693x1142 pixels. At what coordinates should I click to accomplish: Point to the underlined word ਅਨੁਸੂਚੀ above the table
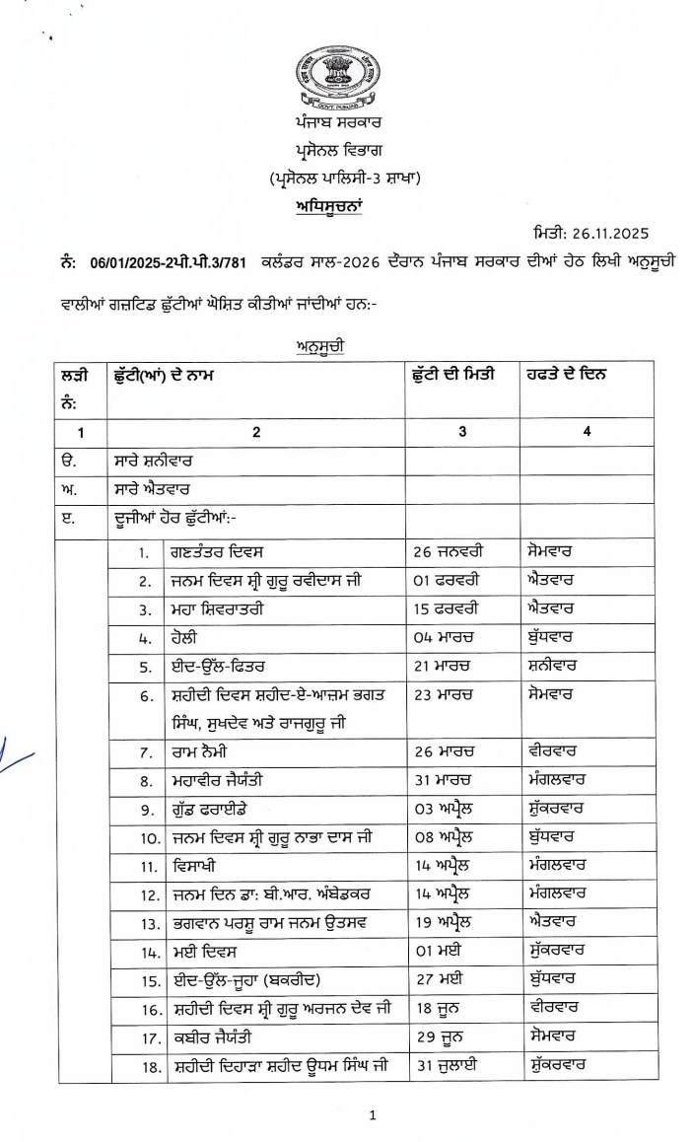317,346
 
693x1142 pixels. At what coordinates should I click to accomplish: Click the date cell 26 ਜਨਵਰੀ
449,551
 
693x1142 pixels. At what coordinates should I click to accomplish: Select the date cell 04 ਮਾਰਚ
443,637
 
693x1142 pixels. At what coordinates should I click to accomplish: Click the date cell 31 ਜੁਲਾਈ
447,1066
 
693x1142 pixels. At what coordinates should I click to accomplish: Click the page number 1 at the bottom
373,1115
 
